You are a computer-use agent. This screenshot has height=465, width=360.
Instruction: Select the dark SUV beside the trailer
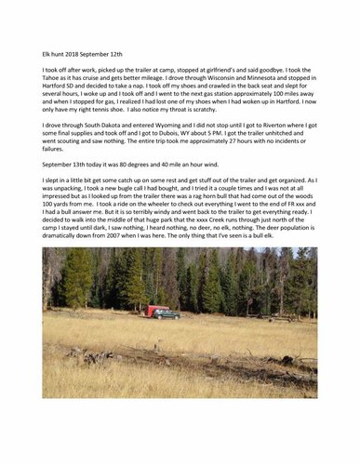point(168,314)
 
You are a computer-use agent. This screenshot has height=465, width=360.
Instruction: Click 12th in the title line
point(123,54)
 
